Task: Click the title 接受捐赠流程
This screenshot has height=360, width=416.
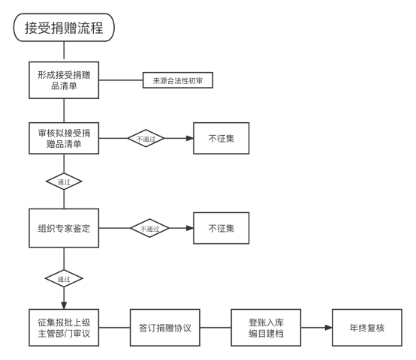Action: point(64,28)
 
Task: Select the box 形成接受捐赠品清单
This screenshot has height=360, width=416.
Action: point(64,80)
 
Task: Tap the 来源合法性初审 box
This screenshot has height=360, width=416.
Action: point(178,80)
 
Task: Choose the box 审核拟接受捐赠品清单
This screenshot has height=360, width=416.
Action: point(64,138)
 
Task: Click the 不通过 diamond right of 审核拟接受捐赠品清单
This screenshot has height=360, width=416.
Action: point(146,138)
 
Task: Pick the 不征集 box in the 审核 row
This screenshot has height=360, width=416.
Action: point(222,138)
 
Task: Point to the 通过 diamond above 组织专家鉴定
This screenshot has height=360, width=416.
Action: point(64,181)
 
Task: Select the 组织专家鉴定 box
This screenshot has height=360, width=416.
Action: point(64,228)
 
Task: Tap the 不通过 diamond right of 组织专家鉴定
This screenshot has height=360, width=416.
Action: point(149,228)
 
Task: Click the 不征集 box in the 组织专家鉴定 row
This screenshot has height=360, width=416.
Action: point(222,228)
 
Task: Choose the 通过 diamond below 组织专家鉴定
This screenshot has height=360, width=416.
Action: point(64,278)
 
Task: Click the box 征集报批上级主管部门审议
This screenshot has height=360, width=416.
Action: point(64,328)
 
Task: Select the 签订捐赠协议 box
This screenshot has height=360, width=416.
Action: point(164,328)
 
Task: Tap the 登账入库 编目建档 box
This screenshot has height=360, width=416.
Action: point(266,328)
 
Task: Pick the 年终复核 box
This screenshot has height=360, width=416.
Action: point(367,328)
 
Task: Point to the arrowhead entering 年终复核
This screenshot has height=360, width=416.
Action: point(329,328)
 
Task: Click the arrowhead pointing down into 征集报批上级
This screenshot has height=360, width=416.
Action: point(64,305)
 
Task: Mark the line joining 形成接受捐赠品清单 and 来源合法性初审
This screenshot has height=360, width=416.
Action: point(121,80)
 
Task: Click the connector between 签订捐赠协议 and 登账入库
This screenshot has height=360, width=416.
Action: point(216,328)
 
